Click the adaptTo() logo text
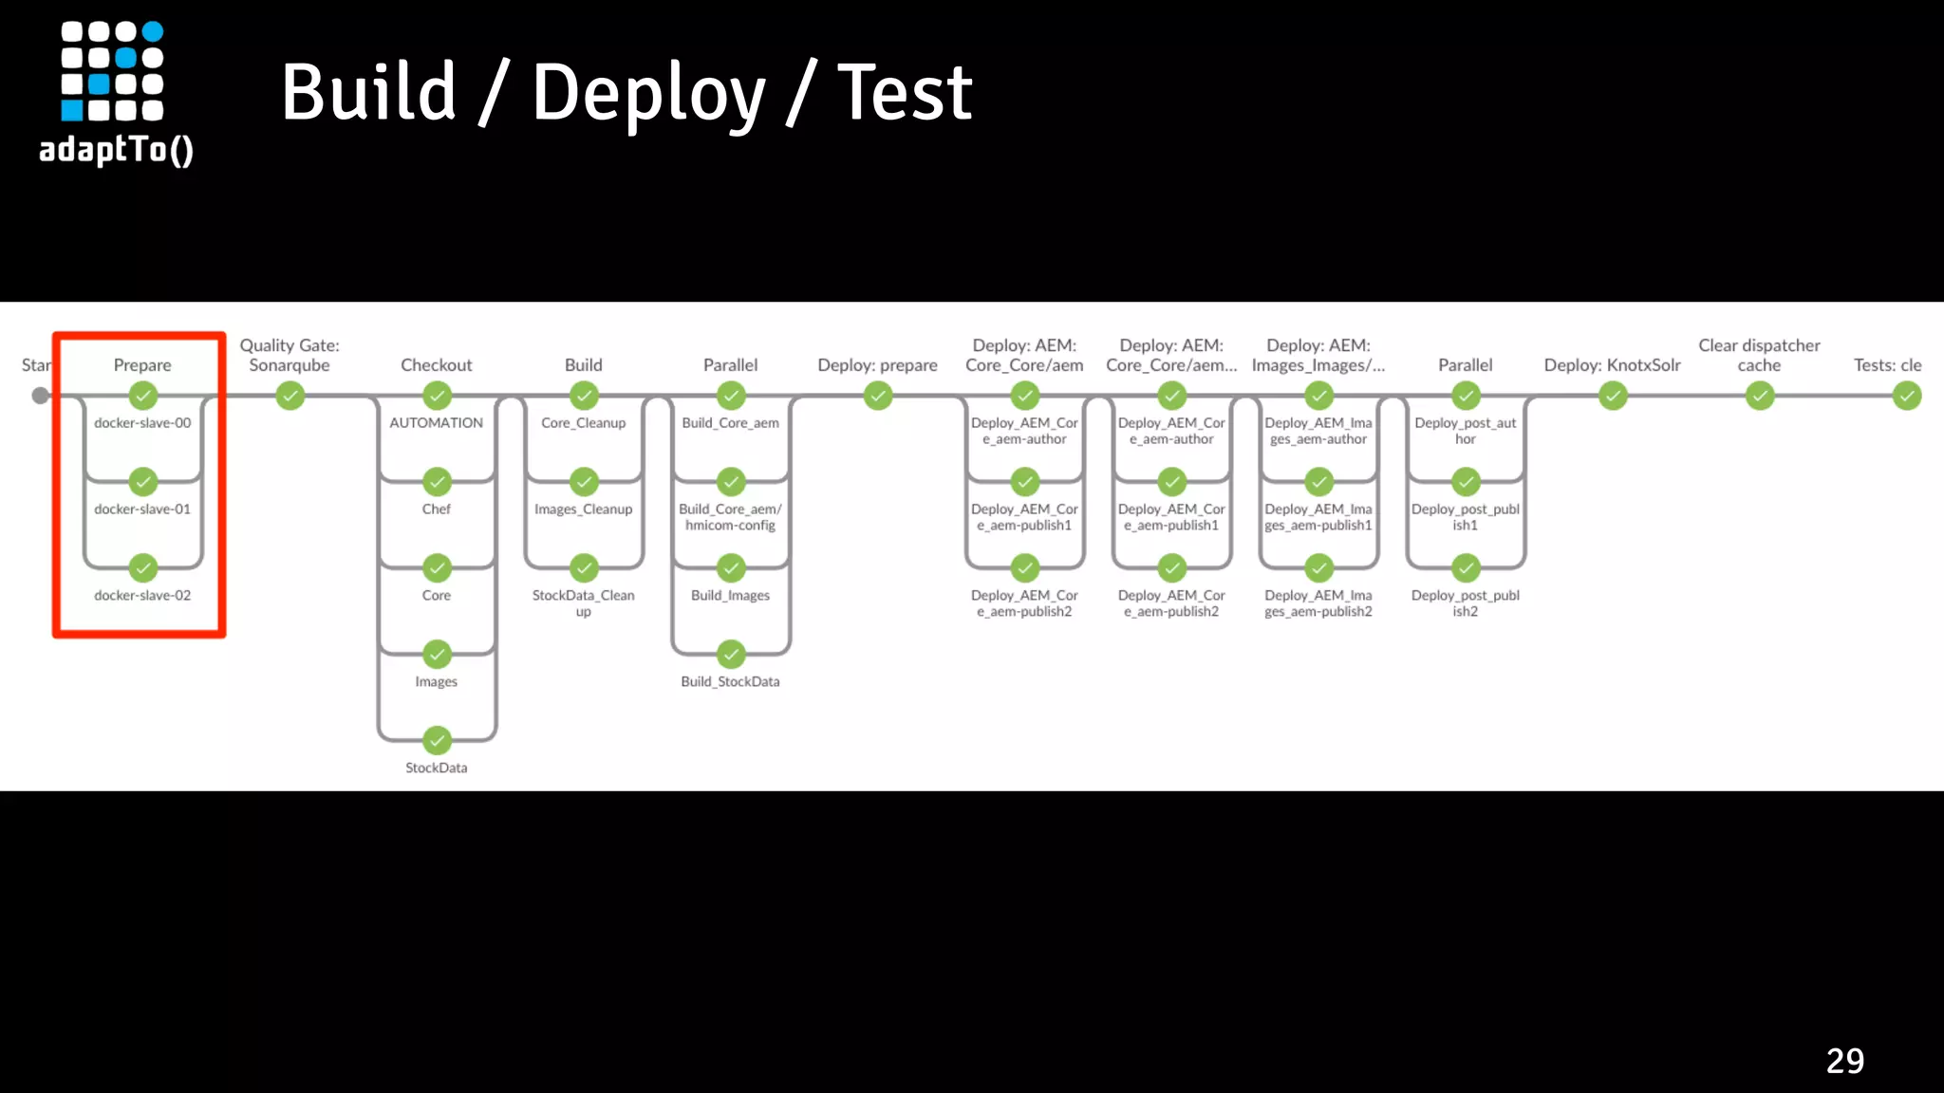116,150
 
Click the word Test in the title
904,93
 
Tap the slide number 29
1844,1061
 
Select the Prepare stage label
142,365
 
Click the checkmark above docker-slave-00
143,395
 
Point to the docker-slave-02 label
142,596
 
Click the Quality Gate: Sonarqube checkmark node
290,396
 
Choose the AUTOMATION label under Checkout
436,423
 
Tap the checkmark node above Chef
437,482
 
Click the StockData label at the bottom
436,769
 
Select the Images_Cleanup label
583,509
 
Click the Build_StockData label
730,682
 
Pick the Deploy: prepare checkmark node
878,396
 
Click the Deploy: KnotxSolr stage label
1612,365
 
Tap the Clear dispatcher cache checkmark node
1760,396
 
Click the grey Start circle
40,396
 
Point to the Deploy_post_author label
1465,431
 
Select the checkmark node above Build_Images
731,568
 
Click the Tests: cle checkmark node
1906,396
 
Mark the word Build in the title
368,93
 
